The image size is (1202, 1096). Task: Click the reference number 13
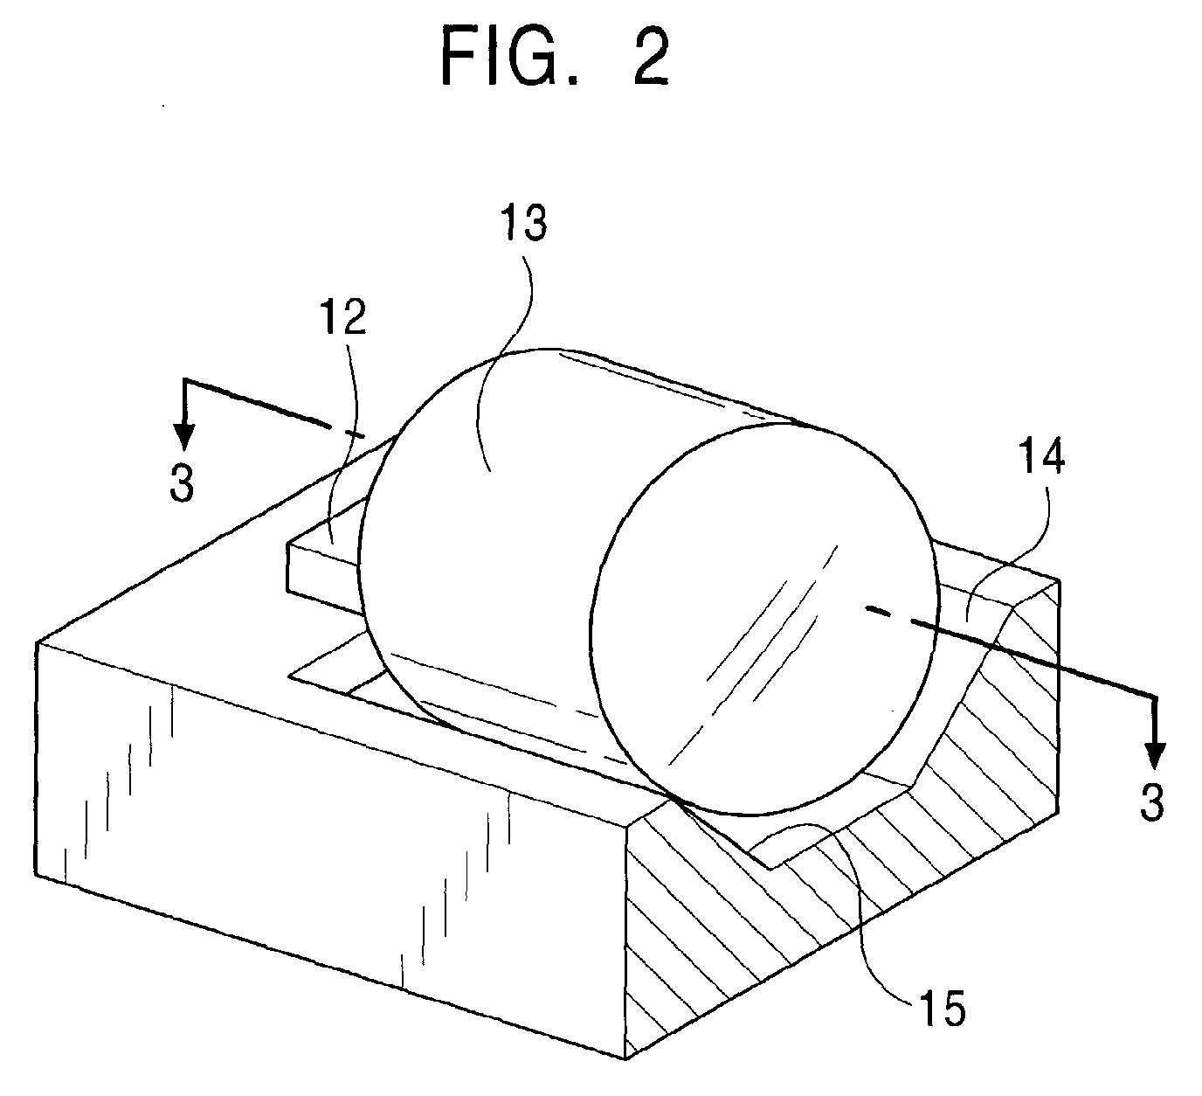click(525, 223)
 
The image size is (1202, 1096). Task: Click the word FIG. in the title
click(510, 59)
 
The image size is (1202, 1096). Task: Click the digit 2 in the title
click(651, 59)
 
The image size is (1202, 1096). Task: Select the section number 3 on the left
click(183, 484)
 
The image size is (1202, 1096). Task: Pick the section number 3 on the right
click(1152, 801)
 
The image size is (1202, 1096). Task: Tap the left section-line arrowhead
click(184, 436)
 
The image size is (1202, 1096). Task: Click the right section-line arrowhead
click(1156, 754)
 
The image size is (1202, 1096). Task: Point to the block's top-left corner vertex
click(38, 642)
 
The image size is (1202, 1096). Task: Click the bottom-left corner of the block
click(36, 874)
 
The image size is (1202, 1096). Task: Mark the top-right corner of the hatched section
click(1060, 580)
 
